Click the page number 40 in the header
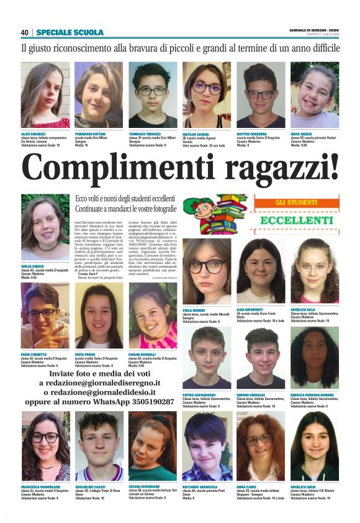tap(25, 32)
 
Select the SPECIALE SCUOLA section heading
tap(70, 32)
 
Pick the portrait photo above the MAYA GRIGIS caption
tap(315, 94)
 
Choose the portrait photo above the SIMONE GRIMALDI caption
tap(261, 358)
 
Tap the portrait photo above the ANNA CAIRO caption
tap(261, 445)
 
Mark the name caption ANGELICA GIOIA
tap(304, 486)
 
